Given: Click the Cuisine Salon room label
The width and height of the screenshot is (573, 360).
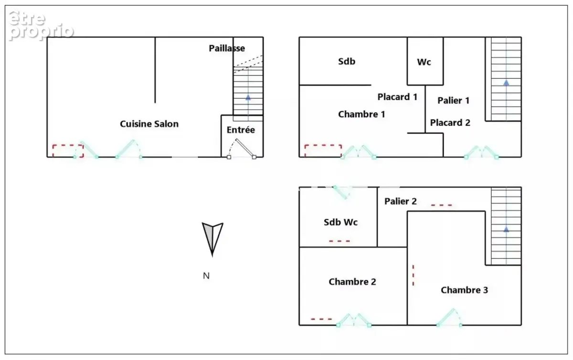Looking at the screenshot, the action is coord(149,124).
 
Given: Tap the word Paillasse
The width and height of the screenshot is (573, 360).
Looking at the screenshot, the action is coord(227,48).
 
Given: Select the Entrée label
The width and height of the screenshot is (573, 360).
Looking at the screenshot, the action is coord(241,130).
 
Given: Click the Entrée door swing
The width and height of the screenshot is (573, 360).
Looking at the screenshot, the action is coord(242,148).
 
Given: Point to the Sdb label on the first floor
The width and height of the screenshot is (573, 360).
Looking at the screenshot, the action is coord(347,62).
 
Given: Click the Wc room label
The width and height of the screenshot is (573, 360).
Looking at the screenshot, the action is coord(424,62).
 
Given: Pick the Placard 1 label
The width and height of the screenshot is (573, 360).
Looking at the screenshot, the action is coord(397,97).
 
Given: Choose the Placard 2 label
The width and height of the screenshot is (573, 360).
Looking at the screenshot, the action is coord(450,123).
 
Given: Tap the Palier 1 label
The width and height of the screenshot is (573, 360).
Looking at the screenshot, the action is coord(453,100).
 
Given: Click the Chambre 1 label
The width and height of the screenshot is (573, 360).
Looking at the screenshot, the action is coord(361,114).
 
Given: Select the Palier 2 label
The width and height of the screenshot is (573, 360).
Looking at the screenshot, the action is coord(400,201).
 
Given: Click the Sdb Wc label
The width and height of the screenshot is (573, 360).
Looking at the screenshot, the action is coord(340,222).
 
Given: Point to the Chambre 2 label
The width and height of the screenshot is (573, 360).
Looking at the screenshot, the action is coord(352,282).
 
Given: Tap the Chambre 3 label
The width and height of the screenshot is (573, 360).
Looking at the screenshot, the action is coord(464,290).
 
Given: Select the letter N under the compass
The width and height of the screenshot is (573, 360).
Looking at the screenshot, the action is coord(206,275).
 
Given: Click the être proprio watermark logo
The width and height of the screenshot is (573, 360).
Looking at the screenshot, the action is coord(41,25).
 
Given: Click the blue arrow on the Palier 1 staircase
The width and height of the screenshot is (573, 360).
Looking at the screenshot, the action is coord(506,83).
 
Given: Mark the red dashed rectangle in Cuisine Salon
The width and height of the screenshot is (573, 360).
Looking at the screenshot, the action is coord(68,151).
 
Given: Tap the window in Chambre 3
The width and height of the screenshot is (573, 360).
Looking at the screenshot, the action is coord(449,318).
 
